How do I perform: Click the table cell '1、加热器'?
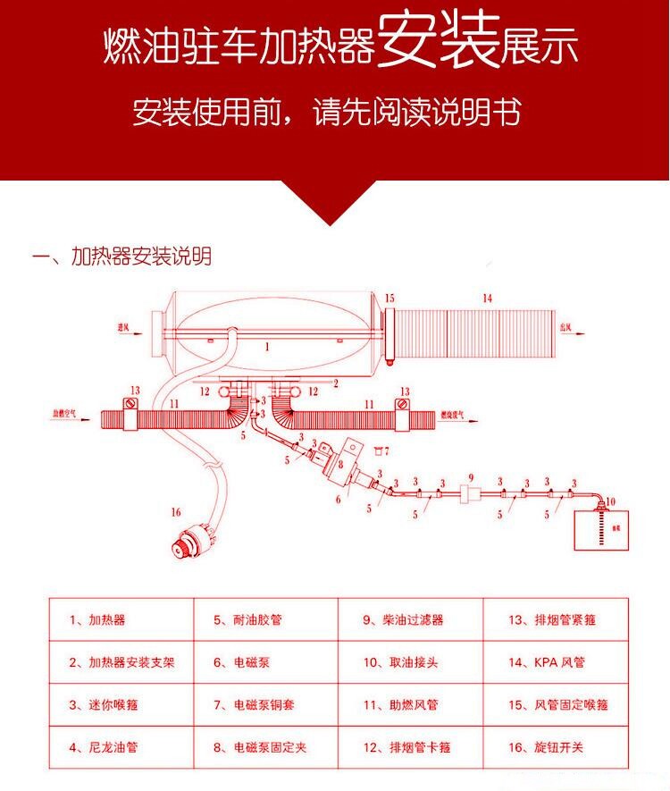point(121,619)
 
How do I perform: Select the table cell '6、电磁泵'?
point(266,662)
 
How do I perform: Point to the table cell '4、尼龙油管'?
point(121,747)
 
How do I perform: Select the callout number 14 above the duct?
point(487,298)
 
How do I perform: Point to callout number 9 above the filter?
point(471,476)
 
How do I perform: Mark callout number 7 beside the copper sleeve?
point(386,452)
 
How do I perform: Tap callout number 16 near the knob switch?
point(175,512)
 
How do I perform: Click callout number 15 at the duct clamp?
point(389,298)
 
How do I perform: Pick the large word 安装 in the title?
point(437,45)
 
